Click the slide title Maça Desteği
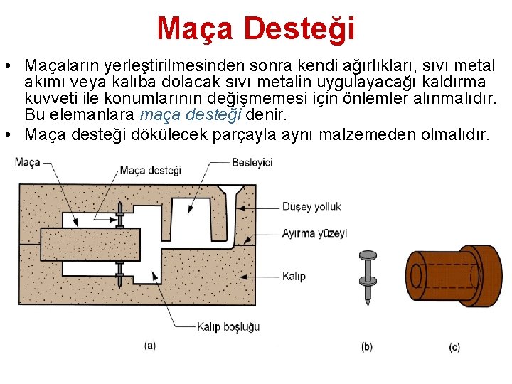coord(255,28)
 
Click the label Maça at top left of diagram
coord(27,162)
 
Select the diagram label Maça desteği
coord(150,170)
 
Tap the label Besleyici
coord(252,163)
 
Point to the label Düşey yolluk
coord(311,207)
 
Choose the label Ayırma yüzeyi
coord(314,233)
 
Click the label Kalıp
coord(294,276)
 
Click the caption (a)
coord(150,346)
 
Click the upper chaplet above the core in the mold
coord(119,208)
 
